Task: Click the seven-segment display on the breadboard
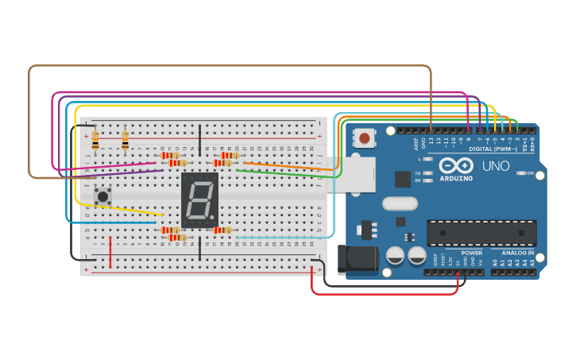click(x=199, y=199)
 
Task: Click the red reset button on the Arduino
click(x=365, y=138)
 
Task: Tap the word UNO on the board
click(x=496, y=166)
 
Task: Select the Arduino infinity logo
click(x=455, y=165)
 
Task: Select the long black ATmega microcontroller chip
click(x=481, y=233)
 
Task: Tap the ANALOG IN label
click(x=517, y=254)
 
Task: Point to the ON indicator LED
click(x=522, y=172)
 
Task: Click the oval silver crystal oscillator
click(x=399, y=203)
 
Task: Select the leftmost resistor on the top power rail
click(x=95, y=141)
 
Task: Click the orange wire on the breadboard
click(x=286, y=166)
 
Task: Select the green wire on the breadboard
click(x=286, y=174)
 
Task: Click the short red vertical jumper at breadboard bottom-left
click(x=110, y=252)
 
